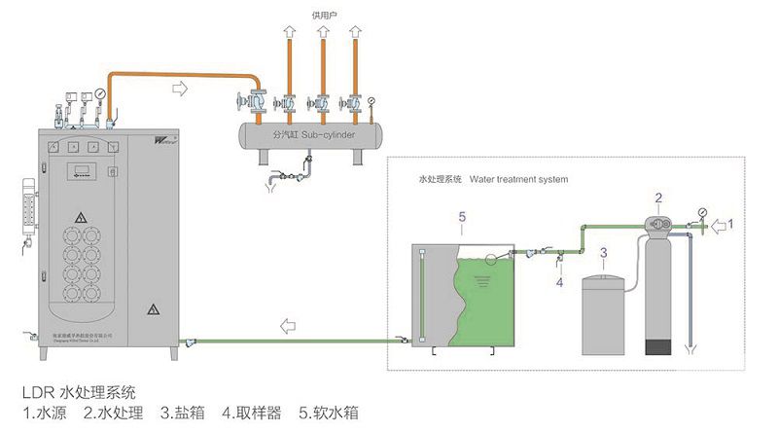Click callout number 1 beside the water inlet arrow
pos(731,224)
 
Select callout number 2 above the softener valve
pos(658,198)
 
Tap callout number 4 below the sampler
pos(559,282)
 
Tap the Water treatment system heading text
pos(518,179)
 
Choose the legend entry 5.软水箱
pos(327,413)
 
